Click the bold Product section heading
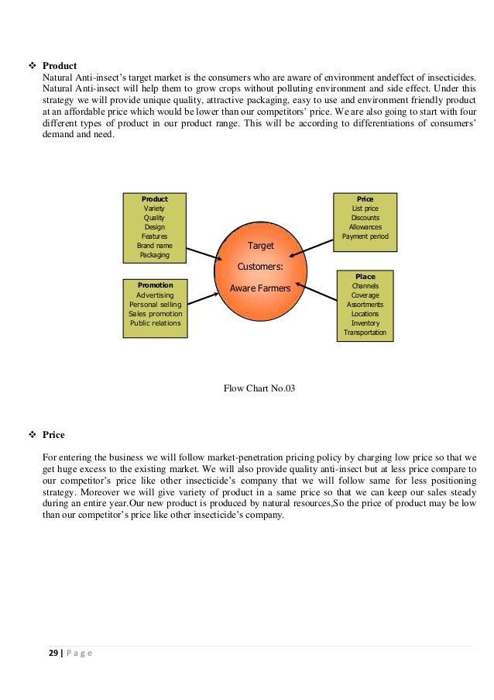tap(60, 66)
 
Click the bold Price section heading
tap(53, 435)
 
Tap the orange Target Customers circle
tap(260, 267)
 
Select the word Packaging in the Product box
tap(154, 254)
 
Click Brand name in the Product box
tap(154, 245)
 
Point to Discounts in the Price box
tap(365, 218)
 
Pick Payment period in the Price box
tap(365, 236)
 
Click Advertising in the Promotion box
tap(155, 295)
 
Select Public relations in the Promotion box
tap(155, 322)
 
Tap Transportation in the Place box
tap(365, 333)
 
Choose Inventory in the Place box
tap(365, 323)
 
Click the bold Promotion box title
tap(155, 285)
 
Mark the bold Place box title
tap(365, 277)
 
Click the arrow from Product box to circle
tap(204, 253)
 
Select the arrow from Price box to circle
tap(316, 243)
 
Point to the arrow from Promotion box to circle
tap(203, 300)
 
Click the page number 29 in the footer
tap(53, 653)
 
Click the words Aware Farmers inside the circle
tap(260, 288)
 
